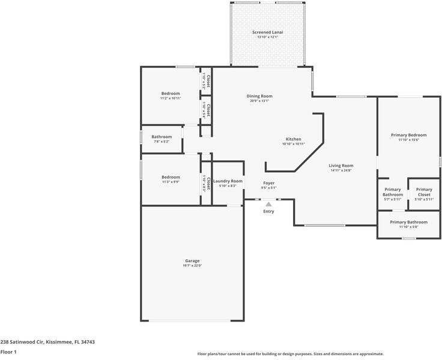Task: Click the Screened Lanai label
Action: (268, 31)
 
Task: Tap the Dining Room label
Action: (259, 96)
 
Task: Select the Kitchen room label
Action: (293, 139)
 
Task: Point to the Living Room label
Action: (341, 166)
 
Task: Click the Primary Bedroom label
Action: (408, 135)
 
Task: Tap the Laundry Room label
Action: (228, 181)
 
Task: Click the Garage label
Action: (192, 260)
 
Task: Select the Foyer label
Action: (268, 183)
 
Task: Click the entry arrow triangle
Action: (268, 205)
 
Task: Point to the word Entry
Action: (268, 211)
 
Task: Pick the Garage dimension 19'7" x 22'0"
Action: (192, 265)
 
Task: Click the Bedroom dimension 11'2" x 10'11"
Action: (171, 98)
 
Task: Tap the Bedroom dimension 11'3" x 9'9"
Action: (171, 182)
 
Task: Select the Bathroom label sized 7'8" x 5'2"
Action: (162, 137)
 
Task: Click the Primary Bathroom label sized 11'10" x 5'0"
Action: (408, 222)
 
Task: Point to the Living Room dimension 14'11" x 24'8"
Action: (341, 170)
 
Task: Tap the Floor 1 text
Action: (8, 352)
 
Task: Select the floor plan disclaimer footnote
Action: (290, 354)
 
